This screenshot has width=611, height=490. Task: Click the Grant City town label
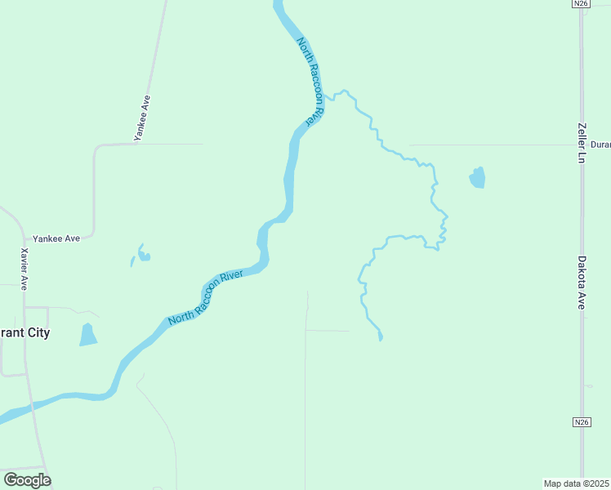click(25, 333)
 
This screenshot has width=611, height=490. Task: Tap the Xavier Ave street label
click(25, 269)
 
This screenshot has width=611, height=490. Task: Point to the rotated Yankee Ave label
click(143, 115)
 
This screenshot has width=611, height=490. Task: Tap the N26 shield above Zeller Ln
click(581, 4)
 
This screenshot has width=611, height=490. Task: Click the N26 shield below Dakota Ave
click(581, 421)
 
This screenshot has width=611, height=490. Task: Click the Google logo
click(27, 480)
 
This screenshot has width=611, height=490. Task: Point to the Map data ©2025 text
click(577, 483)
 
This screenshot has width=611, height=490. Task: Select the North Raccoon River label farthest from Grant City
click(311, 81)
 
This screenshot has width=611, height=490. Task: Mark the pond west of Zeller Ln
click(477, 177)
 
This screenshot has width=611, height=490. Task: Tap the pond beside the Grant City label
click(87, 335)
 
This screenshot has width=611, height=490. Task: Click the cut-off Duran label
click(600, 144)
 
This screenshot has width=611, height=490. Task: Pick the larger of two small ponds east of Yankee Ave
click(144, 256)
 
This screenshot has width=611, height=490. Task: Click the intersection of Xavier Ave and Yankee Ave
click(25, 238)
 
